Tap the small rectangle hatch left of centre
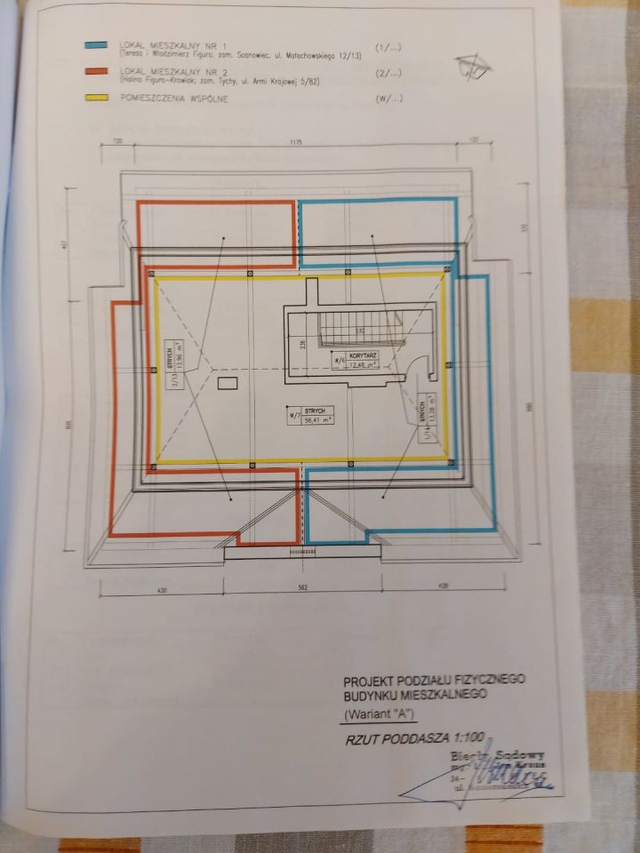tap(227, 383)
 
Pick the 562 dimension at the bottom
tap(301, 588)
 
